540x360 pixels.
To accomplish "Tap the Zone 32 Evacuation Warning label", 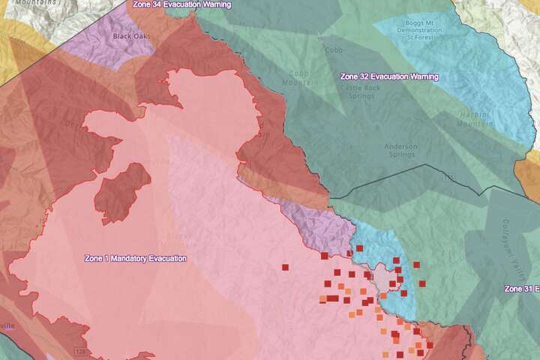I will click(389, 76).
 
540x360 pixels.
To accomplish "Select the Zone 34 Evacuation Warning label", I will click(181, 4).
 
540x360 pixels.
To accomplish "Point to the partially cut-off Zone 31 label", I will click(522, 289).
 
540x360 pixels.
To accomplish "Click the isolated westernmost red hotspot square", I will click(285, 266).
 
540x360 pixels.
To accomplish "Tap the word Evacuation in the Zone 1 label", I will click(167, 259).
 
